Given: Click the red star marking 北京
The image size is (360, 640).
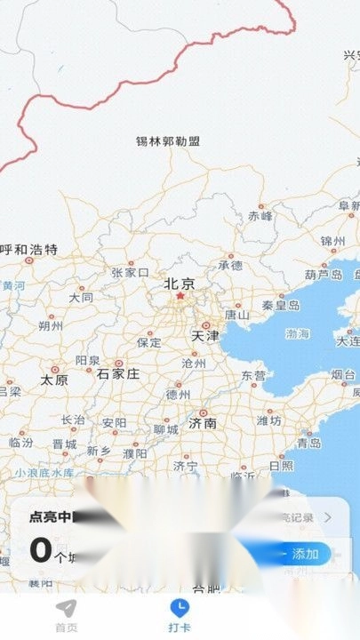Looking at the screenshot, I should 179,296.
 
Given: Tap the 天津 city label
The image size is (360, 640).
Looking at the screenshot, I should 204,336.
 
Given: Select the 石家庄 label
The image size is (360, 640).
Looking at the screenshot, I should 118,373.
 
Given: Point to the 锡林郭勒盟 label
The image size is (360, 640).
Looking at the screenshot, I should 168,140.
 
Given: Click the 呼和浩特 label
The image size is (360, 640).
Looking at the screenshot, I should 29,249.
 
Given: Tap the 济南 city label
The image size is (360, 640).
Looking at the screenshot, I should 203,423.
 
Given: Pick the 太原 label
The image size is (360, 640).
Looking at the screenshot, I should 54,380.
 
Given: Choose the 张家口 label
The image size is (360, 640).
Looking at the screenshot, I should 130,272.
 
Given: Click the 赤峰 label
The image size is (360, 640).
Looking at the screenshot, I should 260,215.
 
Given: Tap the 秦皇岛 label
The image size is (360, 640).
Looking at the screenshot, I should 281,305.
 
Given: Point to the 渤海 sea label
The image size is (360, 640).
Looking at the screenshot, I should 298,334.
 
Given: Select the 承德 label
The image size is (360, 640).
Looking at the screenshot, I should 230,264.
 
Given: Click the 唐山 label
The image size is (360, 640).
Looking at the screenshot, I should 236,314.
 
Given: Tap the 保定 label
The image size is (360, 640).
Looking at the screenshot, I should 148,342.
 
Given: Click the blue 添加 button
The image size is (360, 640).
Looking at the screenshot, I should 304,554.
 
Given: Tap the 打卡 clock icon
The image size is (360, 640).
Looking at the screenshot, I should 180,607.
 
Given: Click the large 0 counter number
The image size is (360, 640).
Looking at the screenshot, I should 41,550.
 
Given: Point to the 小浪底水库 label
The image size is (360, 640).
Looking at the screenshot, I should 44,474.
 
